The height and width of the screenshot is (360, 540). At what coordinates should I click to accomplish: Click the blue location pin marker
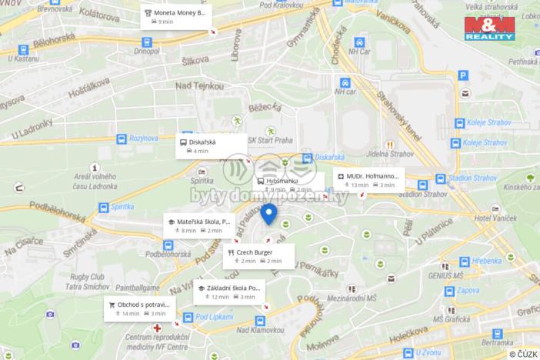pyautogui.click(x=268, y=213)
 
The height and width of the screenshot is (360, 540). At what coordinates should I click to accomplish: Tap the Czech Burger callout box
pyautogui.click(x=258, y=255)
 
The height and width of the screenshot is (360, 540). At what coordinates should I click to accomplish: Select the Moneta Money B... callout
pyautogui.click(x=177, y=17)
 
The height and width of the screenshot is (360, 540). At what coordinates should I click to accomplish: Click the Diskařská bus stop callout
pyautogui.click(x=211, y=145)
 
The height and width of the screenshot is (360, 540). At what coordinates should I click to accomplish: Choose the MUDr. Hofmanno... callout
pyautogui.click(x=366, y=179)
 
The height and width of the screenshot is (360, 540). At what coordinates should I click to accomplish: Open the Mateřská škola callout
pyautogui.click(x=197, y=225)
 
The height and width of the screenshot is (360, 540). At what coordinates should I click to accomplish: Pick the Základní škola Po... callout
pyautogui.click(x=227, y=292)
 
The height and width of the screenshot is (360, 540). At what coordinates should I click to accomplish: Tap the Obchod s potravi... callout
pyautogui.click(x=139, y=308)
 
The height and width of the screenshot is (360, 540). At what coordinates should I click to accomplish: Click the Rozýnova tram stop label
pyautogui.click(x=143, y=138)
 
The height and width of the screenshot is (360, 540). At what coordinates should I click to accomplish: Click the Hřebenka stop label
pyautogui.click(x=488, y=261)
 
